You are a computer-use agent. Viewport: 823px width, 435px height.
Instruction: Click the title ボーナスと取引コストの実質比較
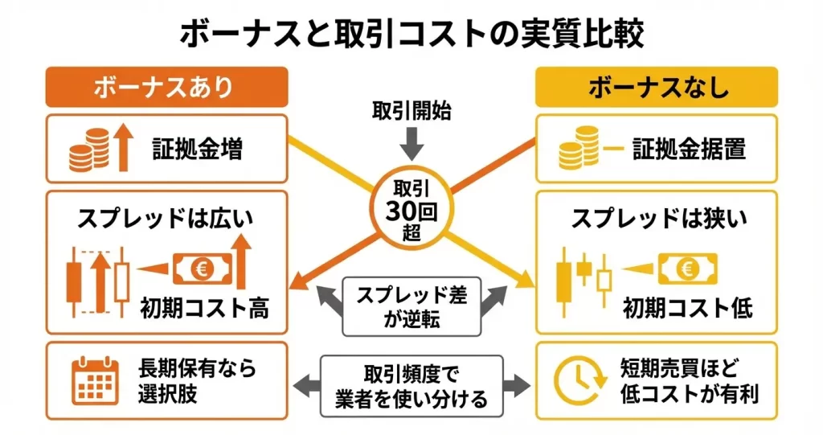pos(411,33)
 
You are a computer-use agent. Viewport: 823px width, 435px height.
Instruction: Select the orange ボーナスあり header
pos(167,87)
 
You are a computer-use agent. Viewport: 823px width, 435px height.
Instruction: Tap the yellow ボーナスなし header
pos(657,87)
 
